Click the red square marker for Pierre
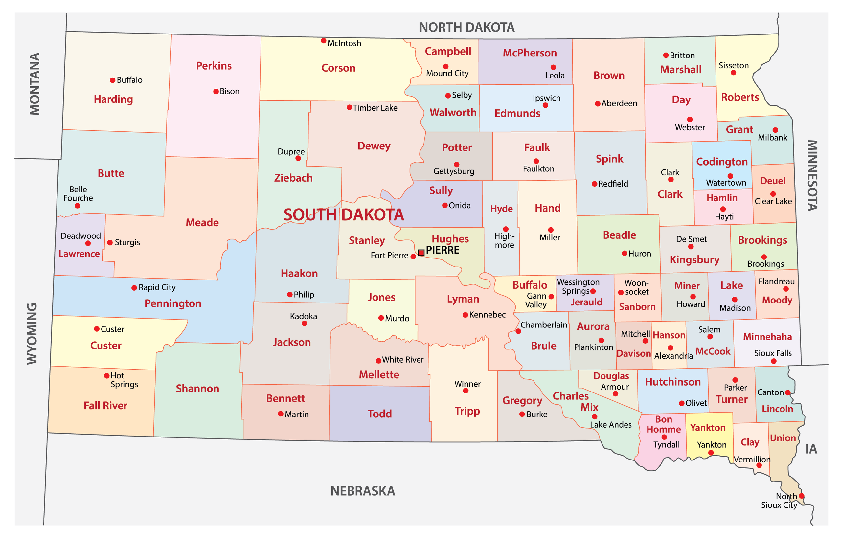click(x=421, y=253)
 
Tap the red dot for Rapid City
click(x=134, y=288)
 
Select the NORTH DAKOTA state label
click(x=466, y=27)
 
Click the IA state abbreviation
click(x=811, y=449)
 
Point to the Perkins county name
click(x=214, y=66)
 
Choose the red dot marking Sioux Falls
click(x=774, y=361)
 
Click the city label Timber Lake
click(x=375, y=108)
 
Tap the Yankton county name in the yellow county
click(x=708, y=428)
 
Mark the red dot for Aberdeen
click(x=598, y=104)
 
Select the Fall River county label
click(x=105, y=406)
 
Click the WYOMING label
click(x=32, y=334)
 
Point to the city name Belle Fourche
click(x=78, y=194)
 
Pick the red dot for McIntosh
click(x=324, y=41)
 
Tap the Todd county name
click(x=379, y=414)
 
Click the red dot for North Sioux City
click(x=802, y=496)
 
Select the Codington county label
click(x=722, y=162)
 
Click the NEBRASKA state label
click(x=363, y=491)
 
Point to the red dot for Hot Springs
click(x=106, y=376)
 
